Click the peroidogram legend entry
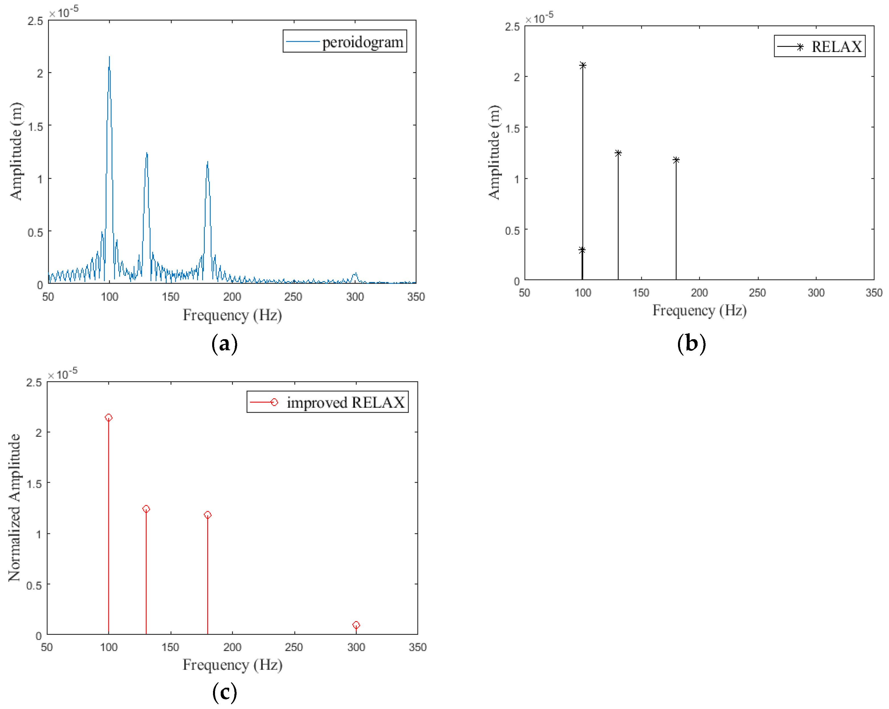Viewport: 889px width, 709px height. [x=344, y=42]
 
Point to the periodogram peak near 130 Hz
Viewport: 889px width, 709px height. [x=146, y=153]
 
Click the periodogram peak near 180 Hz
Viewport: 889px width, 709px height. [x=207, y=162]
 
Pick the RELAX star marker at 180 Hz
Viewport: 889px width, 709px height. [x=676, y=160]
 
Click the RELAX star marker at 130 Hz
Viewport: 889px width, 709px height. [x=618, y=153]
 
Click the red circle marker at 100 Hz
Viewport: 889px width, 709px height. [x=108, y=418]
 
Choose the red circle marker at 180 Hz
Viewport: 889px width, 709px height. [x=207, y=515]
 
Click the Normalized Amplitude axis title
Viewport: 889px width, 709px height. [x=15, y=507]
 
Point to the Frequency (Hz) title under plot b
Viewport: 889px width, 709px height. [x=699, y=310]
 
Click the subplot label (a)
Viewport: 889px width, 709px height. [x=224, y=343]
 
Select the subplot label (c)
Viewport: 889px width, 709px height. [x=224, y=692]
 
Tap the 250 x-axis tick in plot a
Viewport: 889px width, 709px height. [x=293, y=297]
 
